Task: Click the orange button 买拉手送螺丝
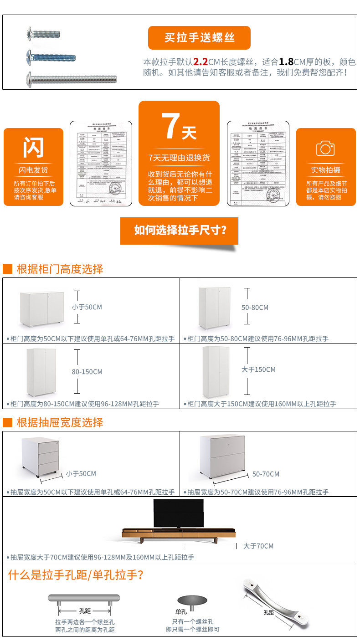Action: (x=199, y=38)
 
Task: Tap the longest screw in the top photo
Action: (x=72, y=79)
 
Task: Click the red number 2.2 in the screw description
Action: (x=200, y=62)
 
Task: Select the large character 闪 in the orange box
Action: (x=34, y=147)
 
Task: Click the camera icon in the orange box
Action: (x=325, y=148)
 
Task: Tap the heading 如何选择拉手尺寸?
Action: (x=180, y=230)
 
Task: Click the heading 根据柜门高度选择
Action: (x=60, y=269)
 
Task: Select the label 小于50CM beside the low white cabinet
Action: (x=87, y=307)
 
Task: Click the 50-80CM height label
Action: (x=255, y=308)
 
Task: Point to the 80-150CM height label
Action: (x=87, y=372)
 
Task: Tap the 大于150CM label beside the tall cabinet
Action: (x=258, y=369)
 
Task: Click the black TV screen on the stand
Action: (x=178, y=513)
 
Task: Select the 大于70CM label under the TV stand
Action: (x=258, y=546)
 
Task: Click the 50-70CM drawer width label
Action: (x=266, y=474)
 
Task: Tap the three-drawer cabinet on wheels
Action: (x=40, y=456)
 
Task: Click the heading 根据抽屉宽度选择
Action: (x=60, y=422)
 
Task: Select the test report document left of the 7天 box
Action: (x=101, y=163)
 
